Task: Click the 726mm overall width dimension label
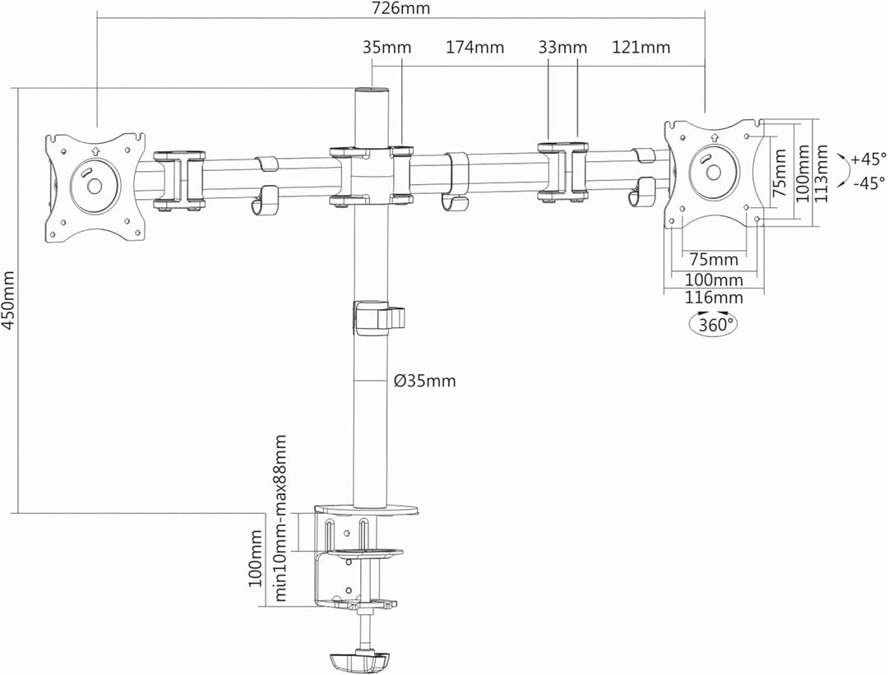pos(401,9)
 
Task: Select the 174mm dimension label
pos(475,47)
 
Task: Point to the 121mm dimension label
pos(641,47)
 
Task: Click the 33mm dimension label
pos(563,47)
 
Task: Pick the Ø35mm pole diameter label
pos(424,381)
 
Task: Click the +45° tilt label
pos(868,159)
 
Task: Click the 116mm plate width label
pos(715,298)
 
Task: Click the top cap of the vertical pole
pos(371,90)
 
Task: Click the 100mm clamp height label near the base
pos(255,559)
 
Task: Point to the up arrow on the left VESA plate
pos(95,150)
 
